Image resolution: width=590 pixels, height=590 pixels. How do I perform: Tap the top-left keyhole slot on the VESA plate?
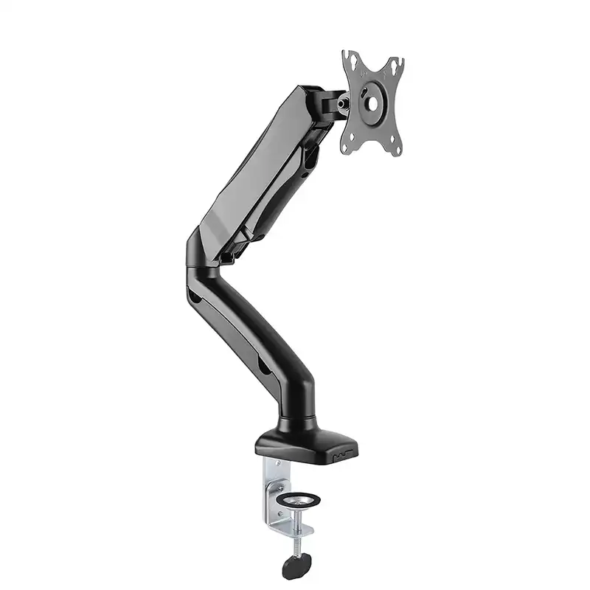350,61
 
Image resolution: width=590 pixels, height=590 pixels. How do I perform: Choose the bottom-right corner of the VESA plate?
398,155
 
